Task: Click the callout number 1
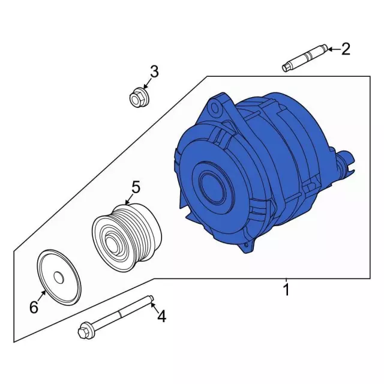pos(286,289)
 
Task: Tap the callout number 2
pos(346,49)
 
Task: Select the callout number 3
pos(154,71)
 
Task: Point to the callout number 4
pos(161,316)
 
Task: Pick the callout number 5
pos(136,187)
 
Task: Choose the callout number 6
pos(34,307)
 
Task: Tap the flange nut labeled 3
pos(139,98)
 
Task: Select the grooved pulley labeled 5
pos(127,237)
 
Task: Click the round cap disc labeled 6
pos(59,277)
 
